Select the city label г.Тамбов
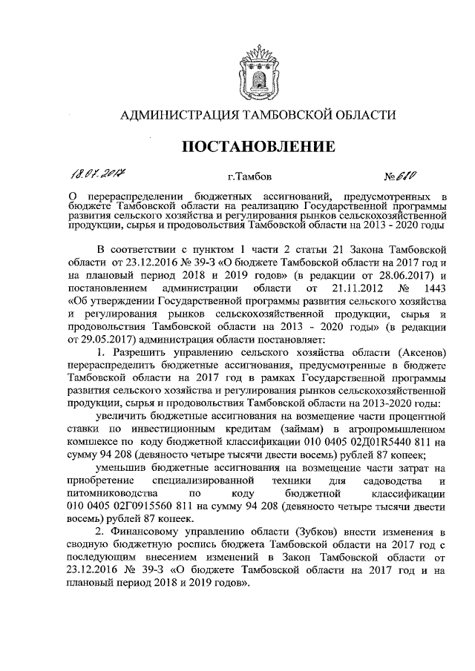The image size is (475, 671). [251, 177]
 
